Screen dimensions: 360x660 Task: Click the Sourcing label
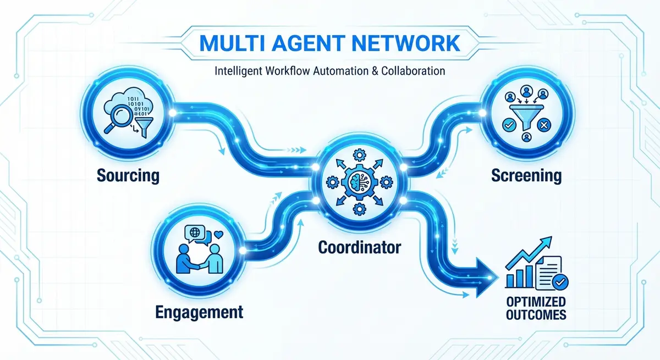click(x=128, y=176)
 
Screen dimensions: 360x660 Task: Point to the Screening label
click(x=526, y=176)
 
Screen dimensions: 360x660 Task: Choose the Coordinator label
click(x=359, y=247)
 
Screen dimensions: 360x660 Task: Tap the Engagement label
click(x=199, y=313)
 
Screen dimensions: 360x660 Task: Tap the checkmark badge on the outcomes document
click(x=562, y=282)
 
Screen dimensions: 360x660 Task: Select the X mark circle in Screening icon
click(x=542, y=126)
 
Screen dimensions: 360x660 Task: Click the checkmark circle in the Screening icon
click(x=508, y=126)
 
